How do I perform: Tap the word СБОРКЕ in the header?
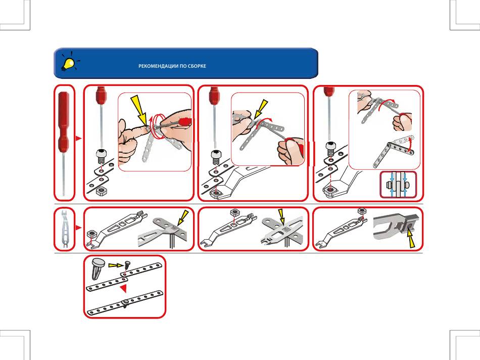click(x=197, y=66)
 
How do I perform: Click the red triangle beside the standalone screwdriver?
click(x=78, y=137)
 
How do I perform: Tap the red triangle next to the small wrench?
click(x=78, y=229)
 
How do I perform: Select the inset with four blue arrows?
click(x=399, y=185)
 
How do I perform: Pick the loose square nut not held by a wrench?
click(x=100, y=191)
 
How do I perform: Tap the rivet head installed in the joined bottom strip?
click(x=124, y=303)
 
